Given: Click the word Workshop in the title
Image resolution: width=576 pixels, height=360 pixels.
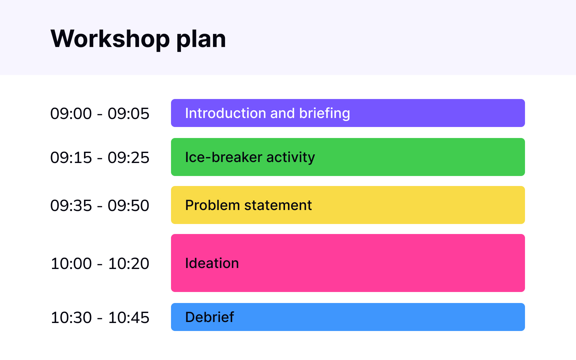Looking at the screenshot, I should click(110, 39).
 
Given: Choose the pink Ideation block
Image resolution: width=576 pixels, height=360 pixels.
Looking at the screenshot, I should click(348, 263).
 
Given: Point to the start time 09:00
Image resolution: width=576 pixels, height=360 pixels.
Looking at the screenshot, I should click(71, 114).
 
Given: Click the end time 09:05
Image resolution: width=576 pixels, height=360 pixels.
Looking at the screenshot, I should click(128, 114).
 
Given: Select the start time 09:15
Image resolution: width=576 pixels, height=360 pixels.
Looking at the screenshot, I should click(71, 158).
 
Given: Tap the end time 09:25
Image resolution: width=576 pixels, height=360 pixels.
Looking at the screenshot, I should click(128, 158).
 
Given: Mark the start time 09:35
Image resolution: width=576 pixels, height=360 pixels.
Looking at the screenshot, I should click(71, 206).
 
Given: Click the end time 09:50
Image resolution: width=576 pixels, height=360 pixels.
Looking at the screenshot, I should click(128, 206).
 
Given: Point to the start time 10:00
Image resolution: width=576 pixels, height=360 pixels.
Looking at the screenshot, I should click(71, 264).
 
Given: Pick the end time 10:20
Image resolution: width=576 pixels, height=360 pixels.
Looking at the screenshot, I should click(129, 264).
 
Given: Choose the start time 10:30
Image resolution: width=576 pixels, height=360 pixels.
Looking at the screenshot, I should click(71, 318).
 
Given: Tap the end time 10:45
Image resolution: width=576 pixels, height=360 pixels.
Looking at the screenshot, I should click(129, 318).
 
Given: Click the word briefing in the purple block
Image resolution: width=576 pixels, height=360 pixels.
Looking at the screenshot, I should click(325, 114).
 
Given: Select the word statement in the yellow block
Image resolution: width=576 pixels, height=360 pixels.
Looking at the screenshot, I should click(278, 205).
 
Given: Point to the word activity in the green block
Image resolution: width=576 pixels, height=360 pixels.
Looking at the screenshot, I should click(291, 157).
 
